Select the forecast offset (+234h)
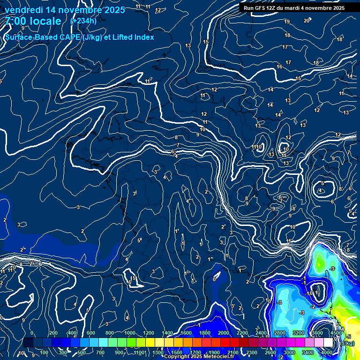point(83,21)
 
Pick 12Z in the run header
point(273,8)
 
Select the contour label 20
point(307,21)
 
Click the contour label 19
point(287,22)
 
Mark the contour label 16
point(279,67)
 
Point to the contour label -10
point(309,293)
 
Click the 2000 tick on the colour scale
point(224,333)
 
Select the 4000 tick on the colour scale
point(327,352)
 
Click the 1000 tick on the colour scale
point(129,333)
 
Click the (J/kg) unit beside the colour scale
point(347,343)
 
